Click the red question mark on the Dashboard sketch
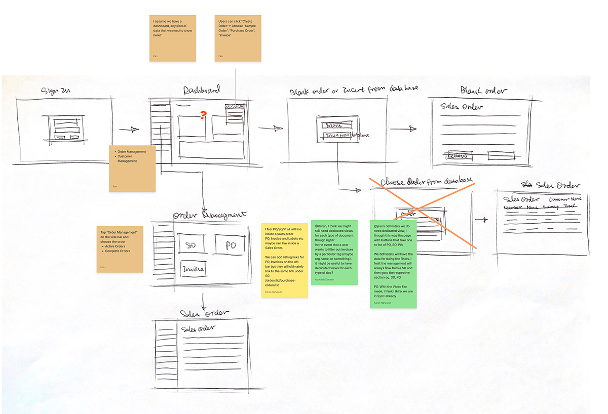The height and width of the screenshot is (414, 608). click(x=203, y=116)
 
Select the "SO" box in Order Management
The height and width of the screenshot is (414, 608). click(x=190, y=245)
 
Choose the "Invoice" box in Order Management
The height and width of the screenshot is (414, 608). click(x=193, y=269)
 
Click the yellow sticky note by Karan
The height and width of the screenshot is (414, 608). click(x=284, y=260)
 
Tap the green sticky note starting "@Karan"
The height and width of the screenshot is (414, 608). click(x=334, y=252)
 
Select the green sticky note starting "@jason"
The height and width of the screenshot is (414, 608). click(x=393, y=263)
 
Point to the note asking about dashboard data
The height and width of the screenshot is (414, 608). click(x=172, y=38)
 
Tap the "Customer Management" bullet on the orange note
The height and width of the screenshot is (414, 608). click(x=127, y=158)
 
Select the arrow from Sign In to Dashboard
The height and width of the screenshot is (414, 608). click(x=131, y=130)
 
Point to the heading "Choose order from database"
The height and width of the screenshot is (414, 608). click(x=426, y=181)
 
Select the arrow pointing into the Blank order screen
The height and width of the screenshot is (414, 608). click(x=404, y=129)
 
